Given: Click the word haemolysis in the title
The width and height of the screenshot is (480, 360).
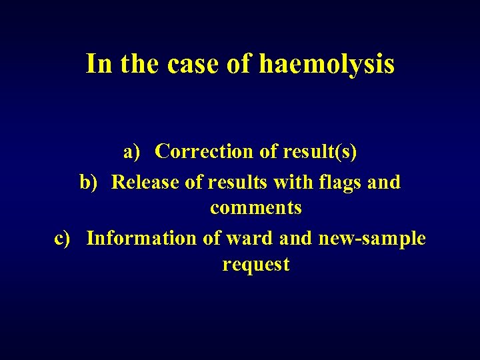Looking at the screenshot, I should coord(326,65).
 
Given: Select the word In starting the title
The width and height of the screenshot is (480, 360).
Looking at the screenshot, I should coord(99,65).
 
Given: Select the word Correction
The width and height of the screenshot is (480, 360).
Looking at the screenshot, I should coord(205,153).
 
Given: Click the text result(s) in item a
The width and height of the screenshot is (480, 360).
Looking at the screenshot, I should coord(319,153).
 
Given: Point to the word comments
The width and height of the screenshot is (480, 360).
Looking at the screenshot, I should coord(256,208).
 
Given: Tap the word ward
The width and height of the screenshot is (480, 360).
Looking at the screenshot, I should coord(252,239).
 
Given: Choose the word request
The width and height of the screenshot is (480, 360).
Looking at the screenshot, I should coord(256,265).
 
